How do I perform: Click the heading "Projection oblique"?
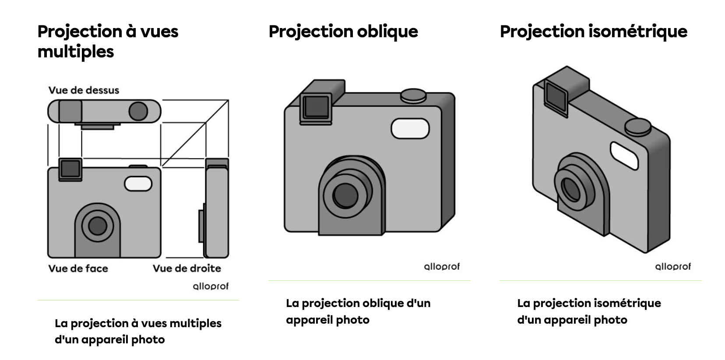click(343, 32)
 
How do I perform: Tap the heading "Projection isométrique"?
click(594, 32)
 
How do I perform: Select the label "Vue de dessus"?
click(84, 90)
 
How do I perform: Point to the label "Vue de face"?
click(78, 268)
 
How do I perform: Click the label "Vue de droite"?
click(187, 268)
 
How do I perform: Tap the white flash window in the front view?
click(138, 184)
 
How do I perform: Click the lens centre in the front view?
click(98, 226)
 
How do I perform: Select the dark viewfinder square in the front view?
click(70, 169)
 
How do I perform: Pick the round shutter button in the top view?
click(138, 111)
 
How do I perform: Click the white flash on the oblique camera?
click(410, 128)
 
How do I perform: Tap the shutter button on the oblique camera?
click(413, 95)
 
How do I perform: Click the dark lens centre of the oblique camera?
click(345, 195)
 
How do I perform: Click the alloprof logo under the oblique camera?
click(442, 267)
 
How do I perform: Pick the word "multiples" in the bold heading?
click(76, 52)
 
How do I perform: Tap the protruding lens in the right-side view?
click(201, 226)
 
